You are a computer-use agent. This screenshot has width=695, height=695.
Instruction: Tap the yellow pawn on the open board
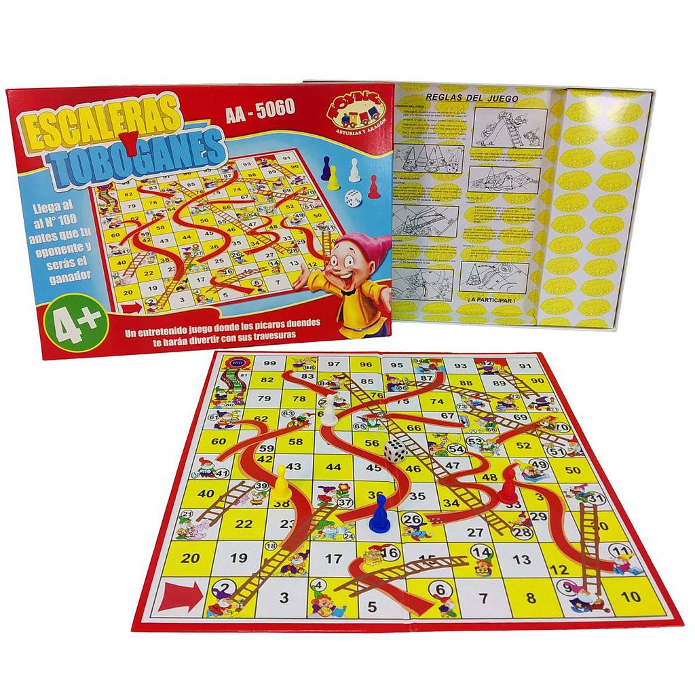[280, 483]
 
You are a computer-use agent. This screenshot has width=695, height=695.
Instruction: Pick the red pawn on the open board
[508, 488]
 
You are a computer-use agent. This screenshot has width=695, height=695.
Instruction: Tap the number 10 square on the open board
[630, 597]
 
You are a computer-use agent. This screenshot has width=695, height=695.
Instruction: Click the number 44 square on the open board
[333, 467]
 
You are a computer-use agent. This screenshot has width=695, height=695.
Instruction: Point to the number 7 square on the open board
[483, 599]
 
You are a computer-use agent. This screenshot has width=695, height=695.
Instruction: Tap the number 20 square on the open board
[192, 558]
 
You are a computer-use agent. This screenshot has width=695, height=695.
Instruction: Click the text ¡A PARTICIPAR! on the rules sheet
[492, 299]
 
